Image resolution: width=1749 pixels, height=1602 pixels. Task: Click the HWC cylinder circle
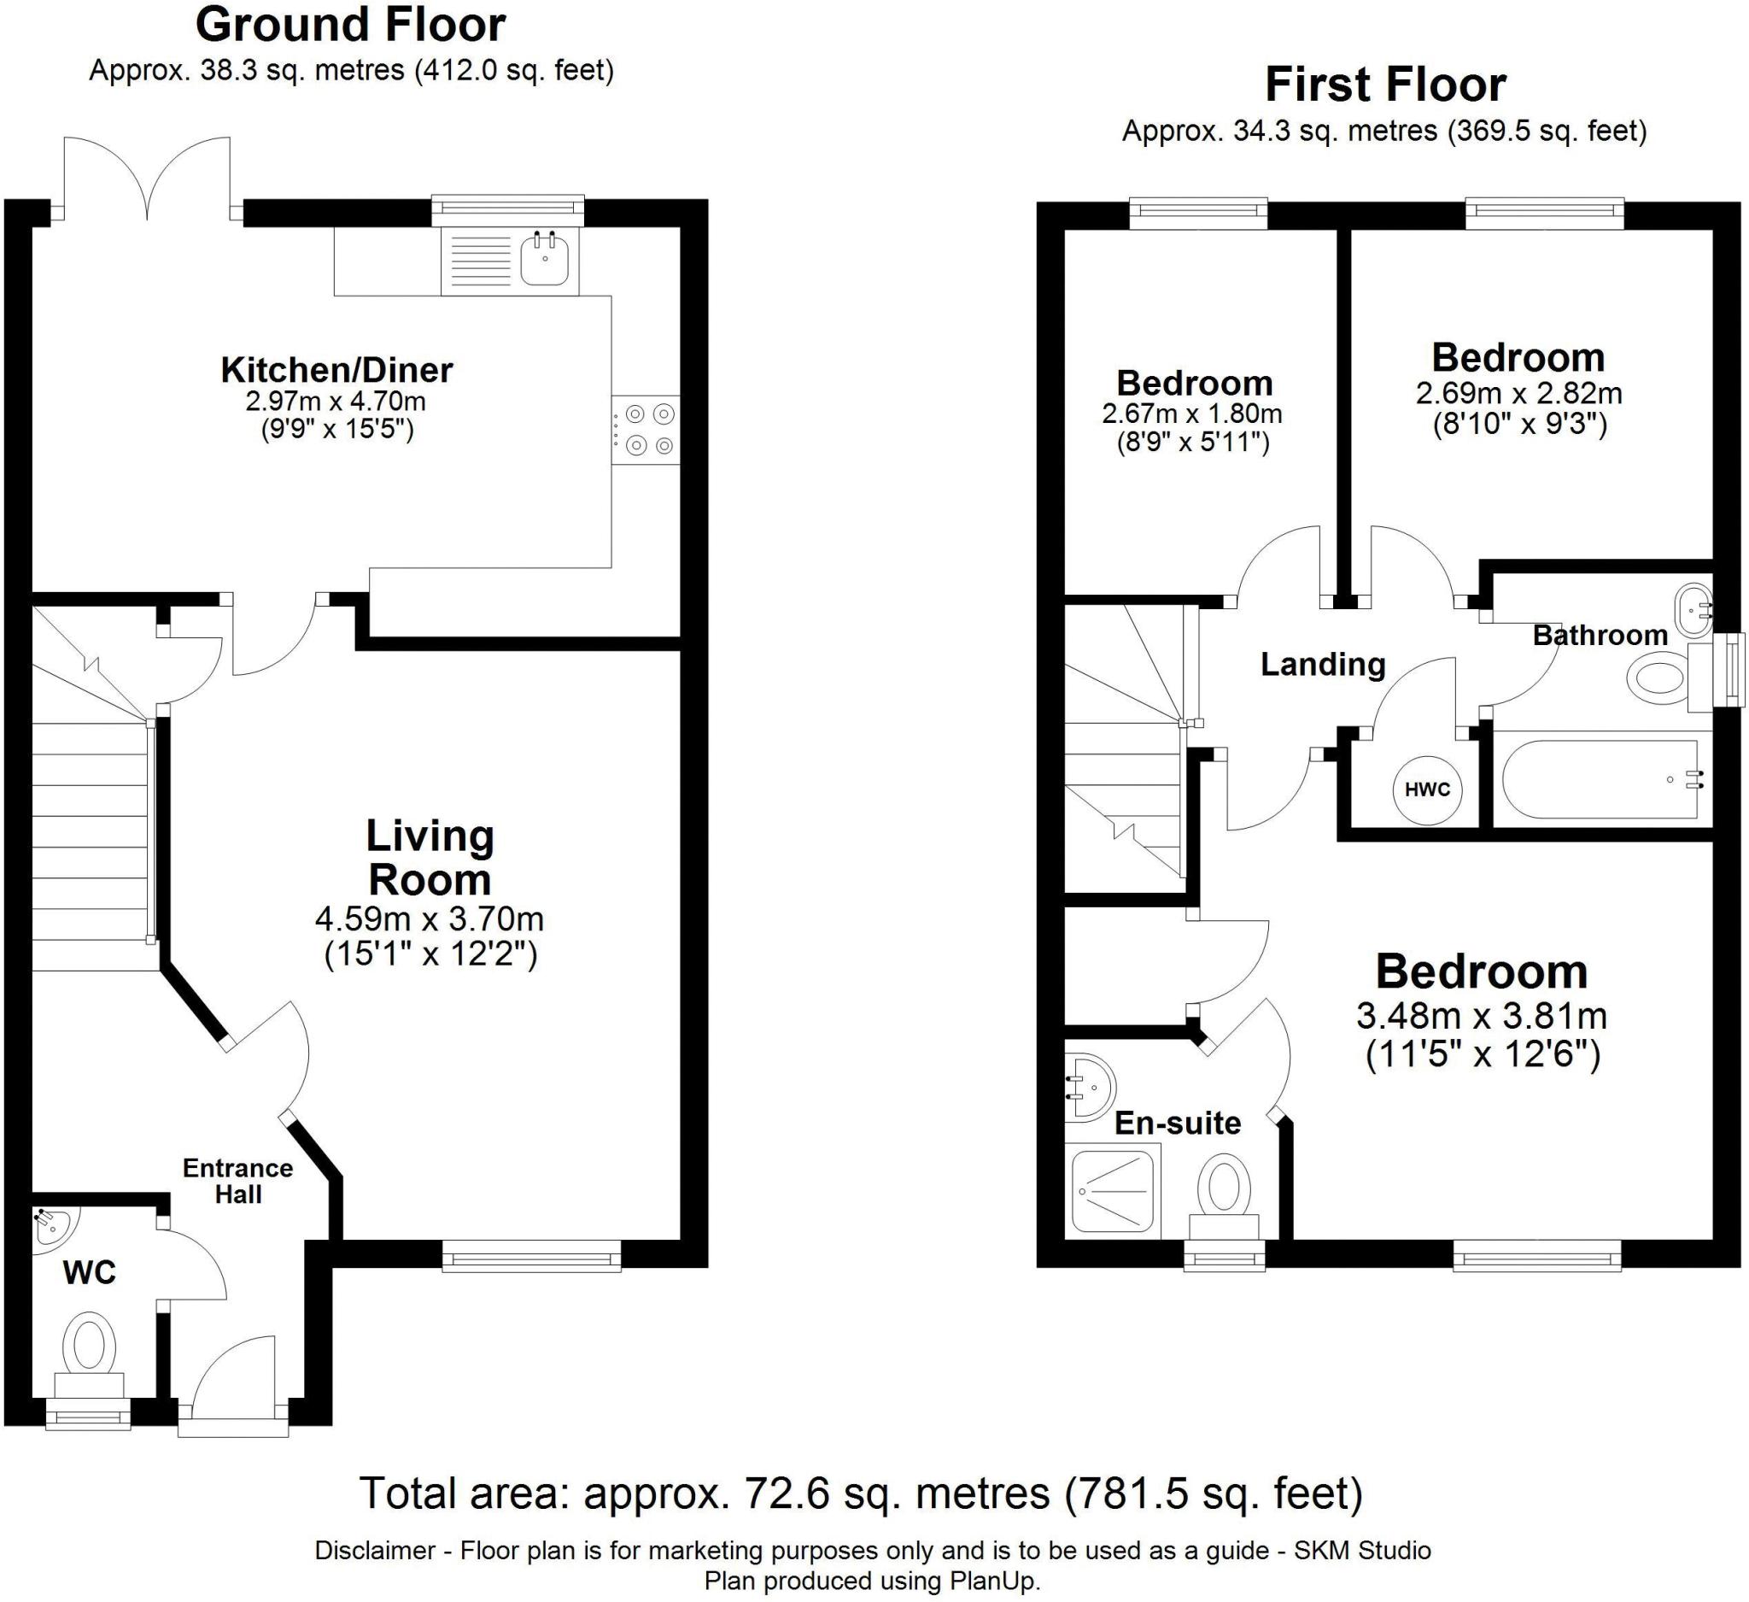(1426, 789)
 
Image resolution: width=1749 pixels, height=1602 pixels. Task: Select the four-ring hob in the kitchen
(646, 430)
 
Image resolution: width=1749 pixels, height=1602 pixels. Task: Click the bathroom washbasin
(1693, 609)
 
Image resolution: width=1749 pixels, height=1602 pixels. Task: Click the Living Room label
(430, 858)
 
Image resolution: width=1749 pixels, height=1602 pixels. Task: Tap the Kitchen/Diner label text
(336, 371)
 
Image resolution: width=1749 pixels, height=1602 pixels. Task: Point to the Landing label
(1323, 665)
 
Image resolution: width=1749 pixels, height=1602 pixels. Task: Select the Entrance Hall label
(237, 1181)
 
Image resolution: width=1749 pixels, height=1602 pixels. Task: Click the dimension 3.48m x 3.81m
(1482, 1015)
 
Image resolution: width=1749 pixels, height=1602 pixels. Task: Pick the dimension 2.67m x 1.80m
(1192, 414)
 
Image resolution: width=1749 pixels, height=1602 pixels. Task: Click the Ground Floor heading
(350, 25)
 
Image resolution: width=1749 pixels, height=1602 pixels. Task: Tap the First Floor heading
(1385, 85)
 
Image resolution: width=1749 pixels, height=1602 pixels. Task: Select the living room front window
(532, 1256)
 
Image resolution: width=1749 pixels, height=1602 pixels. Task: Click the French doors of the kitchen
(148, 179)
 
